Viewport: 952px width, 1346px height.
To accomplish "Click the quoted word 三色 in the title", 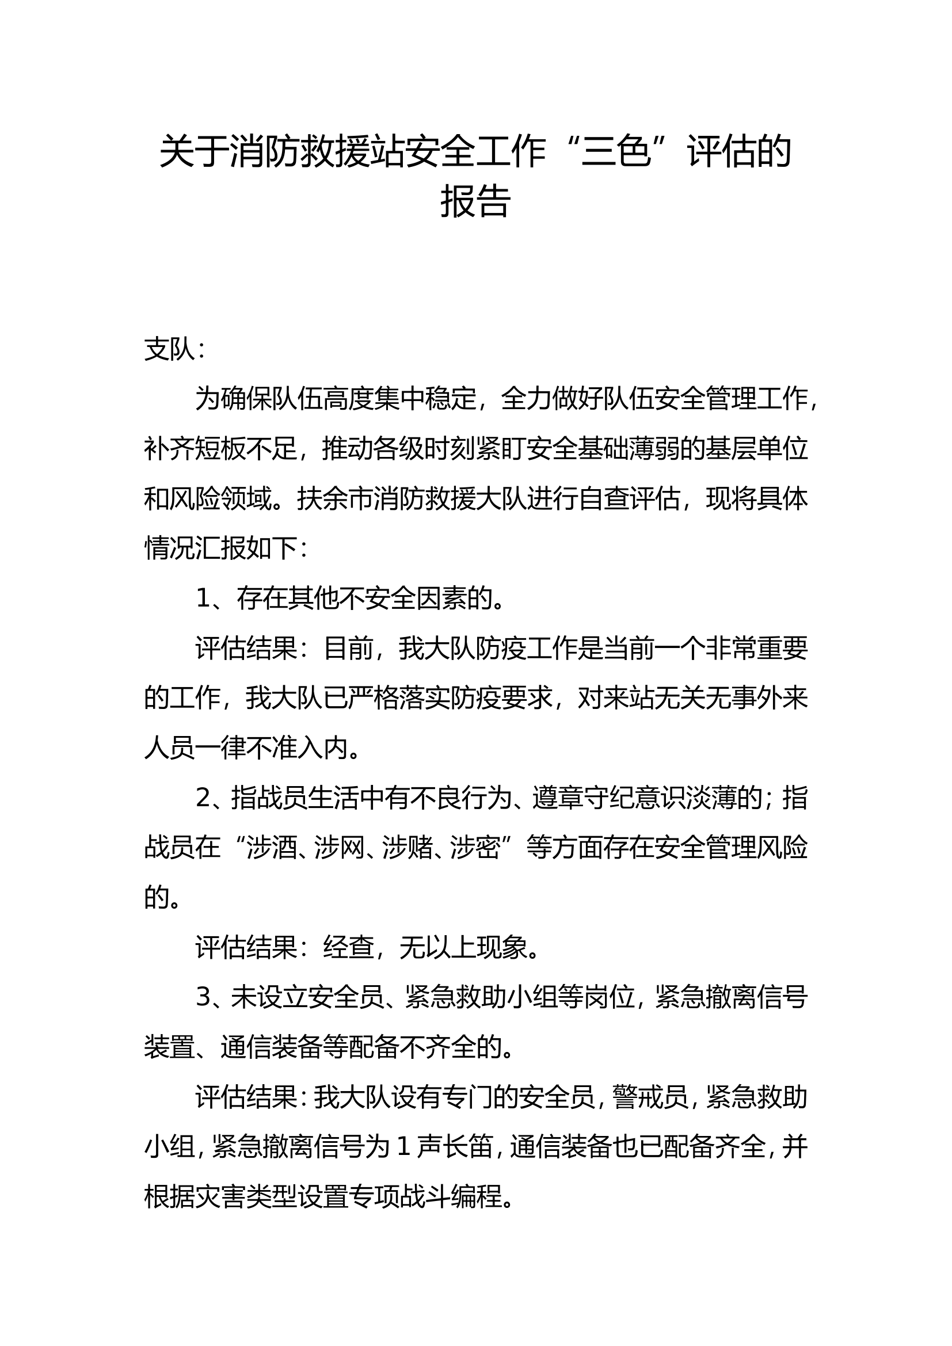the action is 616,152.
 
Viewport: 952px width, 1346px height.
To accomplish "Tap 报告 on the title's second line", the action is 475,201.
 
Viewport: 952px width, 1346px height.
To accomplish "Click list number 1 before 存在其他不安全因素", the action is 203,598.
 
